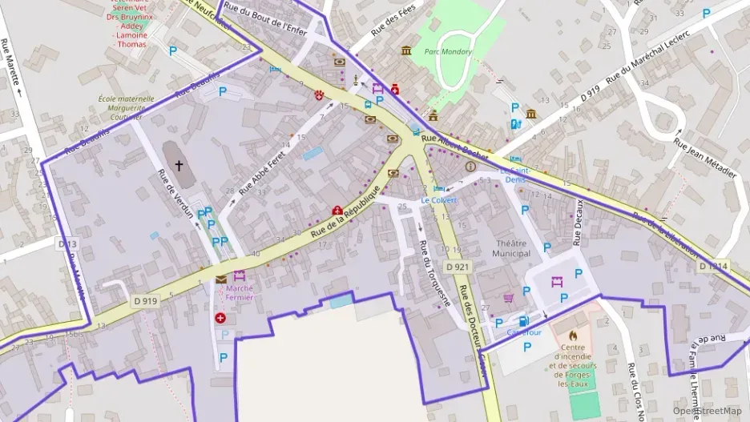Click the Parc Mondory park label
(x=448, y=52)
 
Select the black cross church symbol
(x=178, y=166)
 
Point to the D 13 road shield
(x=67, y=242)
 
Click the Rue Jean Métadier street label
(x=704, y=161)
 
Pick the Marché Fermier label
(x=240, y=292)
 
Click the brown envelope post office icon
(x=220, y=279)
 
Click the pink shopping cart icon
(x=508, y=297)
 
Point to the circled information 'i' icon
(x=470, y=167)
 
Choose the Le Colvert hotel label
(x=438, y=199)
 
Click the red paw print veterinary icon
(x=321, y=94)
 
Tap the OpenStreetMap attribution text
(x=707, y=411)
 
